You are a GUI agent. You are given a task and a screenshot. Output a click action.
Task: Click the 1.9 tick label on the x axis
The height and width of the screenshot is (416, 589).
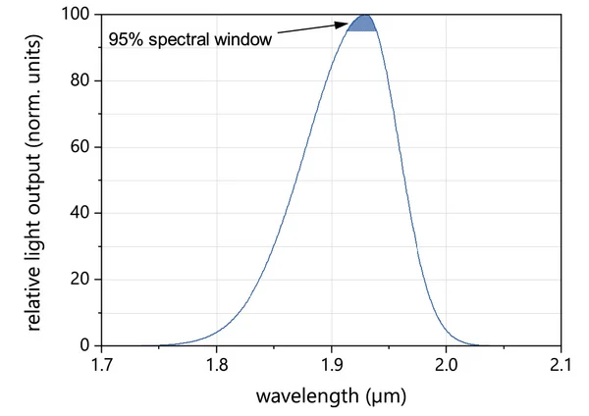click(332, 366)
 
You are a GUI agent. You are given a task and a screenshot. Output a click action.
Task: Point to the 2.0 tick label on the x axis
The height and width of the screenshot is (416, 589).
click(447, 366)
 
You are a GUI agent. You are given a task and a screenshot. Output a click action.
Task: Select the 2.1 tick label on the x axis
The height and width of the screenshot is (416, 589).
click(561, 366)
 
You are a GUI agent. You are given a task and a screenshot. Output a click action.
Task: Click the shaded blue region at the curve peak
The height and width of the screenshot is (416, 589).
click(363, 24)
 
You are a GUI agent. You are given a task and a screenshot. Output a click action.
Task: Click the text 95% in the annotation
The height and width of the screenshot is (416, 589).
click(125, 41)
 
